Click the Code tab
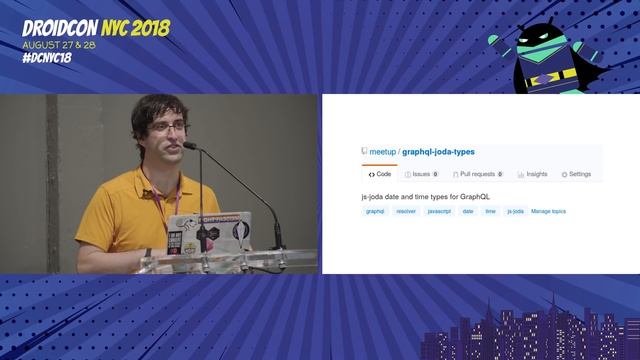tap(380, 174)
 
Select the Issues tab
tap(421, 174)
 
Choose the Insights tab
tap(533, 174)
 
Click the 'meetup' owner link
tap(382, 152)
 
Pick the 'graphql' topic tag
tap(375, 212)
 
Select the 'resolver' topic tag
tap(406, 212)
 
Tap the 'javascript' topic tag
tap(439, 212)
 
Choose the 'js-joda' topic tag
tap(515, 212)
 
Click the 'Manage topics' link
tap(548, 212)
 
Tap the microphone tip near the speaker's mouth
tap(189, 147)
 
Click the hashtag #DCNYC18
tap(47, 57)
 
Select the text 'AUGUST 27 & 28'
tap(60, 44)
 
